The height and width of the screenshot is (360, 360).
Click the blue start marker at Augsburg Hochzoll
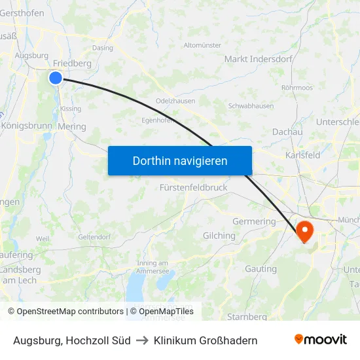point(56,78)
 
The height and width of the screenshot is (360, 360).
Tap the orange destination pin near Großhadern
point(305,231)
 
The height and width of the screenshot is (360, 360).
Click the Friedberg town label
point(72,63)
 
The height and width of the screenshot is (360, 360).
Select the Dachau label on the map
point(287,132)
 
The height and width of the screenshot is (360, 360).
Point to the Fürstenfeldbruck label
point(194,187)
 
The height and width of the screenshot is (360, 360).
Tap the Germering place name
point(254,221)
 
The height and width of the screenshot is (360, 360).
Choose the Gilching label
point(219,236)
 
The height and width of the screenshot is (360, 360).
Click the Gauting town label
point(261,269)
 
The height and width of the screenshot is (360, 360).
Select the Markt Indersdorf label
point(254,59)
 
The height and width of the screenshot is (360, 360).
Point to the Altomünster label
point(202,45)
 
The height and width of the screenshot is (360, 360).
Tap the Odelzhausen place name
point(175,100)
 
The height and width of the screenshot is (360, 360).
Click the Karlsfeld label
point(303,155)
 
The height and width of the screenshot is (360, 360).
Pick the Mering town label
point(72,126)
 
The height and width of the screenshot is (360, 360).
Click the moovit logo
point(321,340)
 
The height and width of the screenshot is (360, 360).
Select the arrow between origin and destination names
point(142,340)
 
